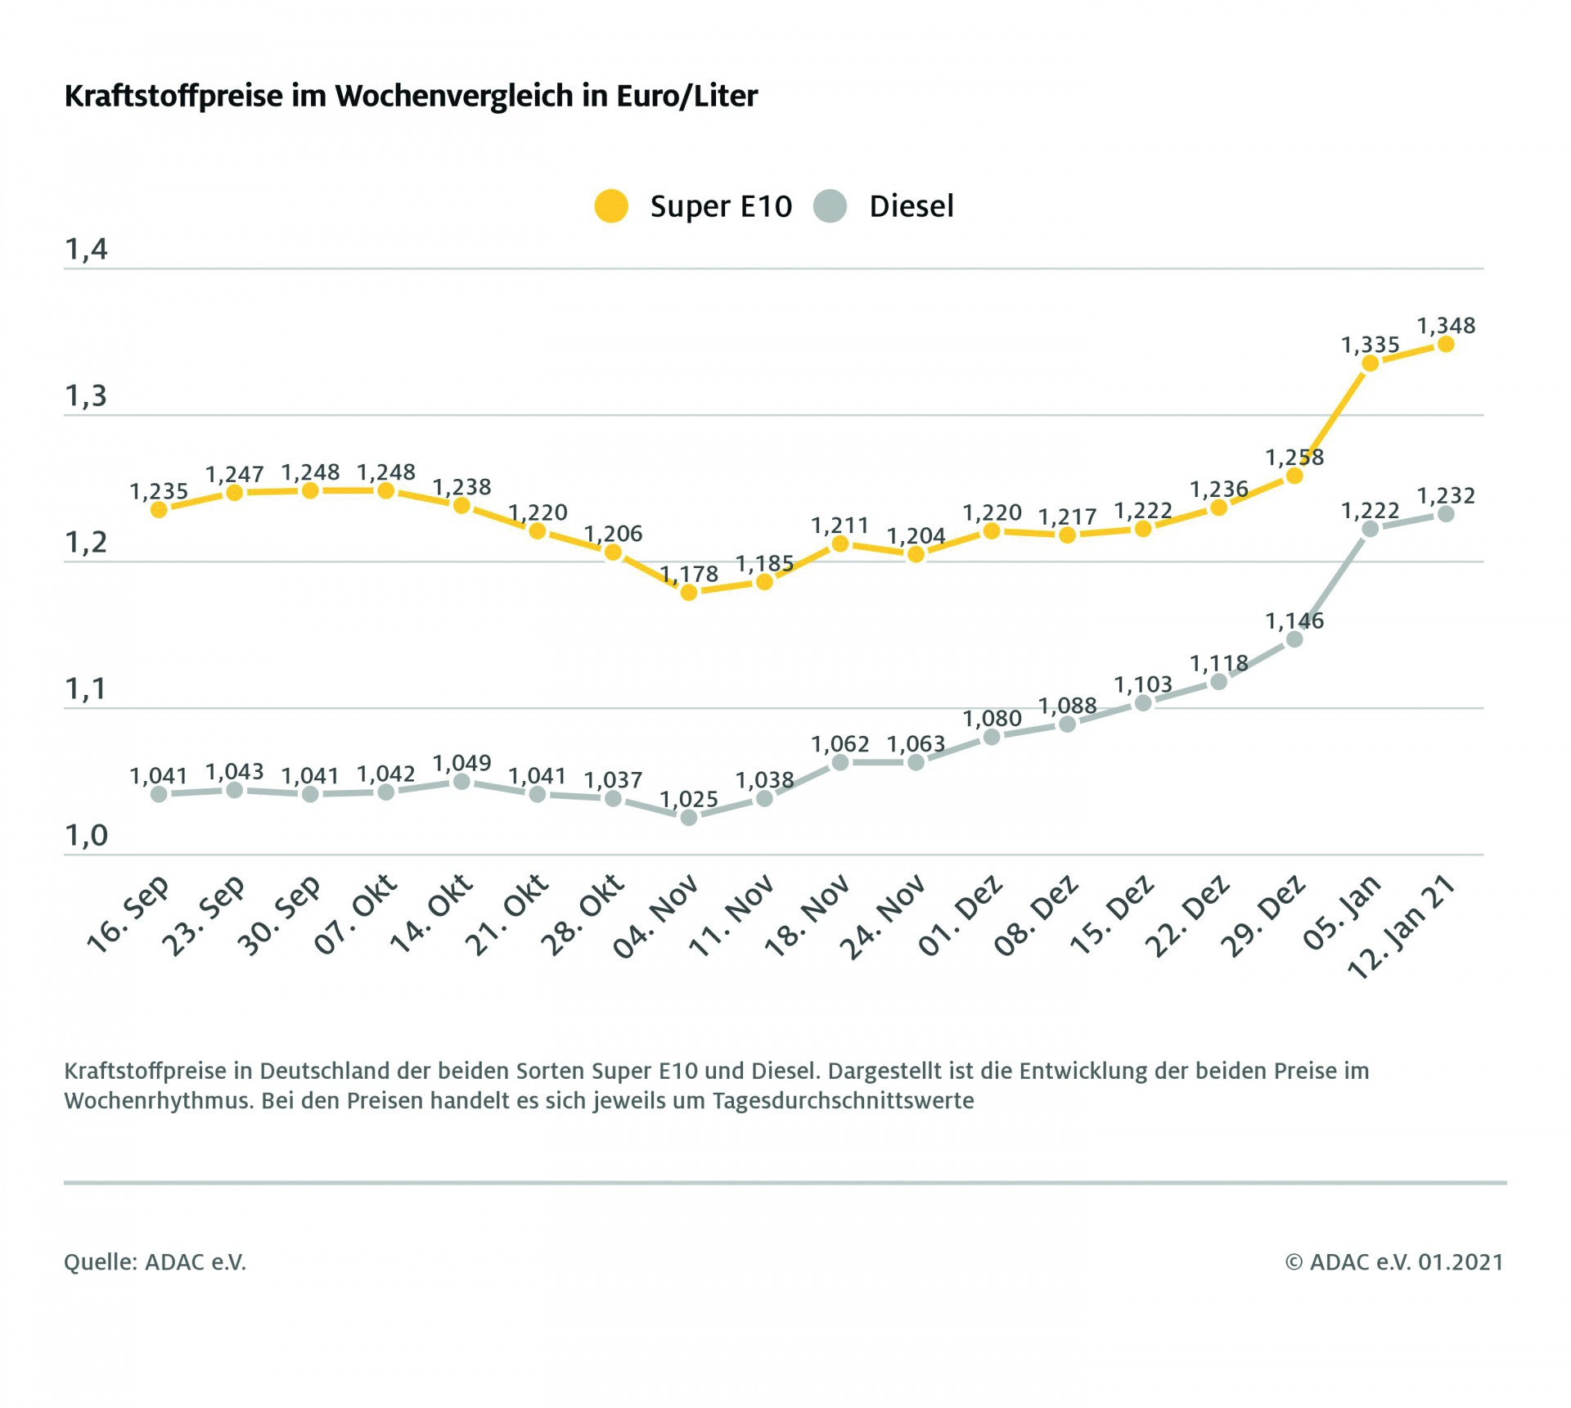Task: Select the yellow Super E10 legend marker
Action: (611, 206)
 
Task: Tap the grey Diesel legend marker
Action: (831, 206)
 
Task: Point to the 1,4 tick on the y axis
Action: (86, 250)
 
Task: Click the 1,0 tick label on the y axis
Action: (86, 836)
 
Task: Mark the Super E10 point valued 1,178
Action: (689, 592)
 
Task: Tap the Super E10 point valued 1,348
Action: (1446, 344)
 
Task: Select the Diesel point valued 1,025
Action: (689, 817)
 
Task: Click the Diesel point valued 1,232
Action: (1446, 514)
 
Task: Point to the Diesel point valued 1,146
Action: (1294, 639)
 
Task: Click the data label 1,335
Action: (1370, 345)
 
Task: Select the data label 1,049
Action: (461, 764)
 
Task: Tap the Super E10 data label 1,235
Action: (159, 492)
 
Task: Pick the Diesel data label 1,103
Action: (1143, 684)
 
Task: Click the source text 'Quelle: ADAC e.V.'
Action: (155, 1262)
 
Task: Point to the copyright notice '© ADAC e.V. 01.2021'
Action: (1393, 1262)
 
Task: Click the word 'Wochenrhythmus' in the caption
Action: (159, 1101)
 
